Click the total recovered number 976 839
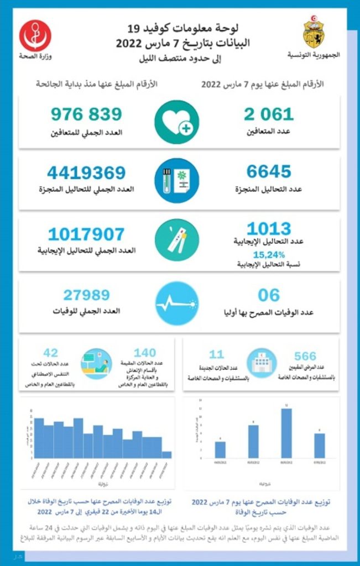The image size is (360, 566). [86, 114]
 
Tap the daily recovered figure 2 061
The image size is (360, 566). [269, 114]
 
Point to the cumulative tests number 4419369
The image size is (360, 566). [86, 173]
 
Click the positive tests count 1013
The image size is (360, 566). [269, 228]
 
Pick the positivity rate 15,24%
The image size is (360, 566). [269, 255]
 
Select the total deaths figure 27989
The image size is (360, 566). [86, 295]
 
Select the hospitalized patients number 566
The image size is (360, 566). [305, 356]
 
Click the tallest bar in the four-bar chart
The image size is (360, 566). [286, 433]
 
